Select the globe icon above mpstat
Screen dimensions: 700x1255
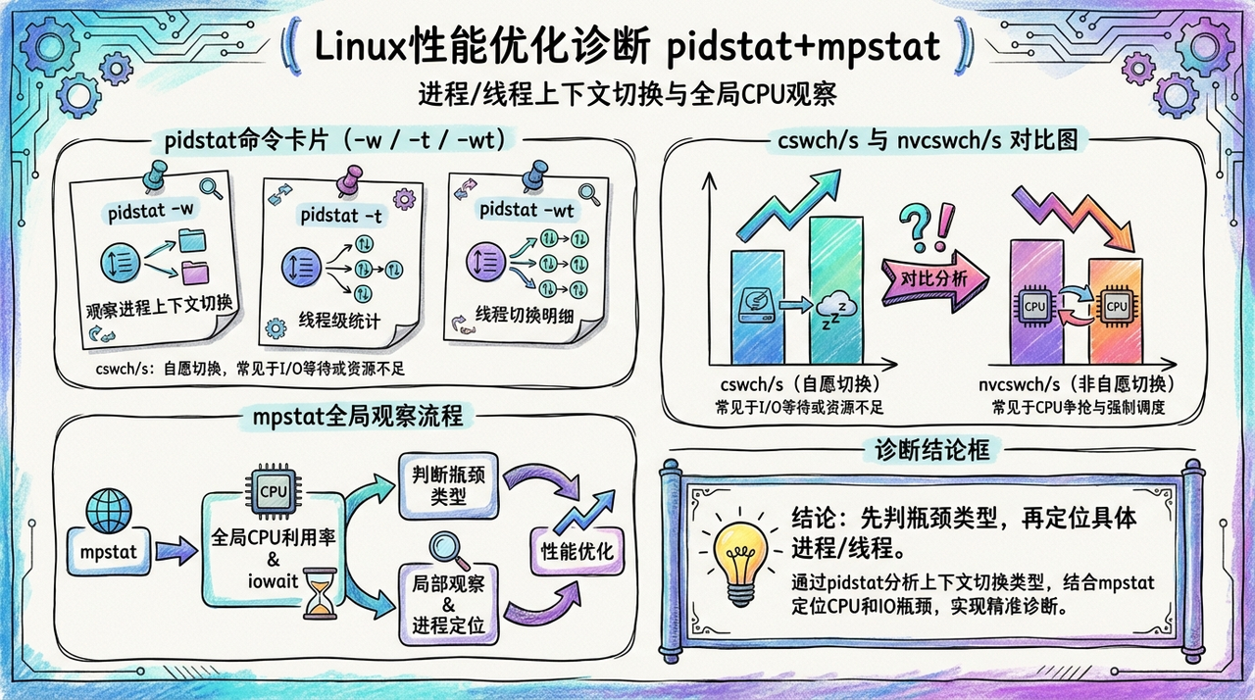point(108,511)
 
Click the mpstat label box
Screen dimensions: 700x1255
point(108,553)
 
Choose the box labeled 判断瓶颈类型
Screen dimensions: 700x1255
point(448,483)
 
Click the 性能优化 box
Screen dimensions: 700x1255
point(577,550)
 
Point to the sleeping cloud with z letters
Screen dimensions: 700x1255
point(836,311)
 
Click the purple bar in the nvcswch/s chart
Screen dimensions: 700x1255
point(1036,304)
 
